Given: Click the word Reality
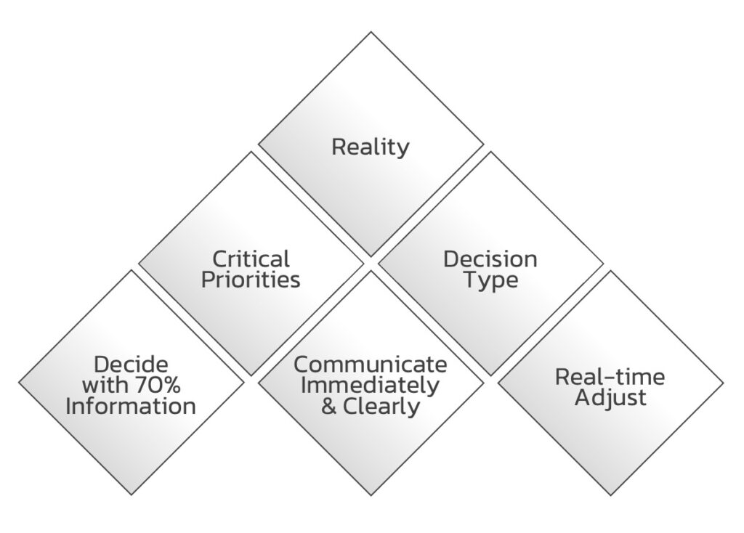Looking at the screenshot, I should tap(371, 147).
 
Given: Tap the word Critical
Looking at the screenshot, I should tap(251, 259).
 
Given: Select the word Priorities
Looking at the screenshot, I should tap(251, 280).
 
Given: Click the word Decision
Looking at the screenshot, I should tap(490, 259).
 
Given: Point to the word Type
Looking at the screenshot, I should tap(490, 280).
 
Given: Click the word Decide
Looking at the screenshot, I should tap(131, 364).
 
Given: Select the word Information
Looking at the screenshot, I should tap(131, 406).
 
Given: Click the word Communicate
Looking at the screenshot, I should tap(371, 364).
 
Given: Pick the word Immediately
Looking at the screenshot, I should tap(371, 385).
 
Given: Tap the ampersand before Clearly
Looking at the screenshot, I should tap(328, 406).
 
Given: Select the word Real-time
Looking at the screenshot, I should tap(610, 376).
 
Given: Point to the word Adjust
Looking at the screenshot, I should tap(610, 398).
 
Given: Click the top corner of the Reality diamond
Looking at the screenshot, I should tap(371, 32).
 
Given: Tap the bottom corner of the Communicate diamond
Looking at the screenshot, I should tap(371, 495).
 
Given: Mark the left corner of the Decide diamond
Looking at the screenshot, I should tap(19, 383).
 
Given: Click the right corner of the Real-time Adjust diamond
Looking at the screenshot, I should tap(723, 383).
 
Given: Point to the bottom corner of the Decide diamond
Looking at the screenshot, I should tap(131, 495).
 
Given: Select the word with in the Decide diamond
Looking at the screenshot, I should tap(101, 385).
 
